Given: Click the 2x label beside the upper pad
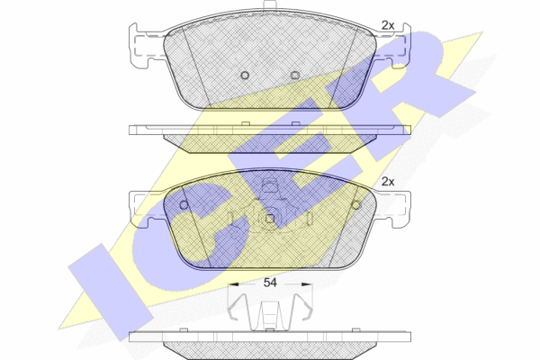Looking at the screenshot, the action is (x=388, y=25).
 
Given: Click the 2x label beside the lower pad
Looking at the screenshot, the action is (x=388, y=182).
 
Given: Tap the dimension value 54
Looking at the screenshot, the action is (x=270, y=283).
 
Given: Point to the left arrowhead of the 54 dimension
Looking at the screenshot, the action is (x=233, y=284).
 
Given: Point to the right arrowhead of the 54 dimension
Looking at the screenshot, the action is (x=307, y=284).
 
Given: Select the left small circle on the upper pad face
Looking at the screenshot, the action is (x=245, y=75).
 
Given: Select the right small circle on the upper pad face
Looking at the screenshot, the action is (x=295, y=75).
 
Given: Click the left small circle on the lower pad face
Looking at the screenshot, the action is (x=184, y=205).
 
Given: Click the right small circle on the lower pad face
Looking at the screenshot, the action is (x=355, y=205).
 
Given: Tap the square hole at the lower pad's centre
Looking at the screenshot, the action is (x=270, y=219).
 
